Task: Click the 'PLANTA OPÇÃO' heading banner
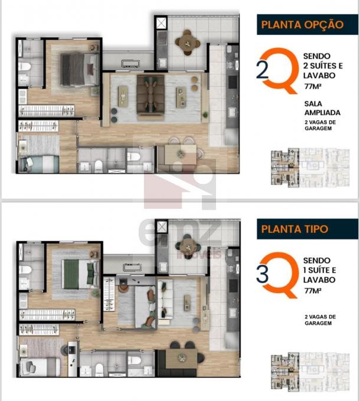(307, 25)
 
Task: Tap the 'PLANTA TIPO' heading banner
(307, 229)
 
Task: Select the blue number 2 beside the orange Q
(262, 70)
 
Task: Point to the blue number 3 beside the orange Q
(262, 274)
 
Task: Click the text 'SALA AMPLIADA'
(322, 108)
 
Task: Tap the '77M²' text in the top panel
(313, 87)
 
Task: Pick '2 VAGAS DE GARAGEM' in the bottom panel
(320, 320)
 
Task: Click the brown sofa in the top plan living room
(150, 97)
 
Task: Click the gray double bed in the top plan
(80, 69)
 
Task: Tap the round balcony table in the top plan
(188, 43)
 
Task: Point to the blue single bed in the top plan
(39, 164)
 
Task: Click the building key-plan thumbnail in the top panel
(310, 167)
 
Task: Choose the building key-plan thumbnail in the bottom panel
(310, 372)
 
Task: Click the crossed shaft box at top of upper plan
(162, 23)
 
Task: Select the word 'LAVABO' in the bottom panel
(319, 280)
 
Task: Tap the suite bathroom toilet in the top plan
(25, 67)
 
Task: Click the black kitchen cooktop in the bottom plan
(233, 285)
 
